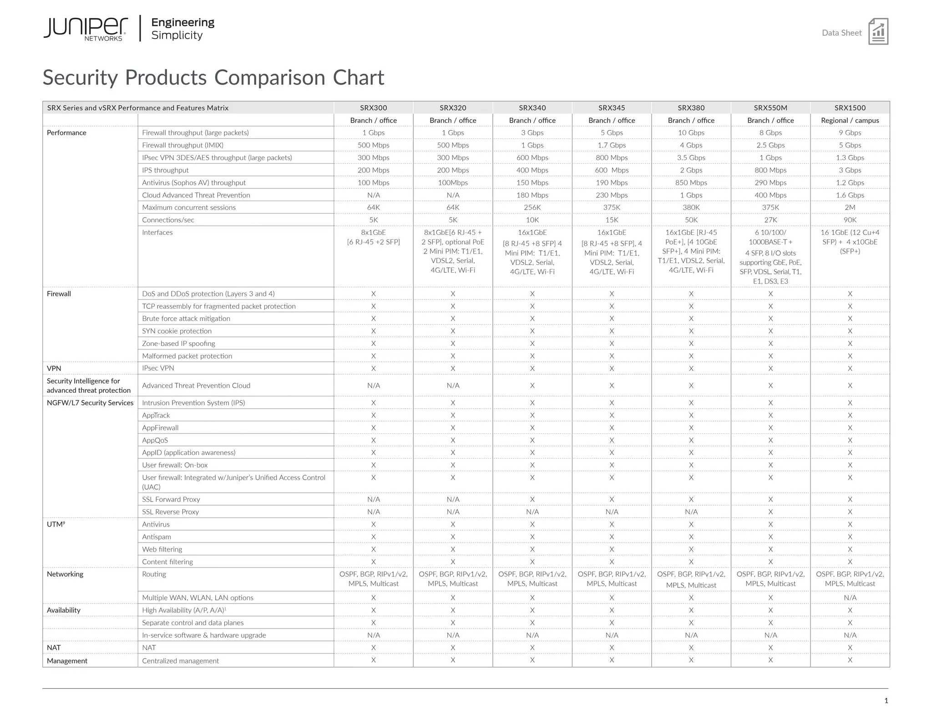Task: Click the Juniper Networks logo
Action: [x=86, y=29]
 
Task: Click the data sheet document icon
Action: [x=878, y=31]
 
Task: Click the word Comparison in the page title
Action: [x=269, y=78]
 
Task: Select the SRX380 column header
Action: [x=691, y=108]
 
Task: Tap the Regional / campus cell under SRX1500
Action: [x=850, y=121]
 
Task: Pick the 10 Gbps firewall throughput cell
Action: [x=691, y=133]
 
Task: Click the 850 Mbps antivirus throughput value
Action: [x=691, y=183]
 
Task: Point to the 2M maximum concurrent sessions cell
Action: [x=850, y=208]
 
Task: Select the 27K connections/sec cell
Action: [x=770, y=220]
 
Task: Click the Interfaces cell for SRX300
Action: [x=373, y=237]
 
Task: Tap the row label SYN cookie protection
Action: [x=177, y=331]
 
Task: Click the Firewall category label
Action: [x=59, y=294]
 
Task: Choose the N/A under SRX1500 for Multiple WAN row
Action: [x=850, y=598]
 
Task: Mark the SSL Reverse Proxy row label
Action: [x=170, y=512]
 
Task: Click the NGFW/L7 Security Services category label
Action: [x=90, y=403]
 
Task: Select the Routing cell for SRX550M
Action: [x=770, y=579]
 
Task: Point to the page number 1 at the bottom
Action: [x=886, y=700]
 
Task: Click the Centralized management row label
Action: [x=180, y=661]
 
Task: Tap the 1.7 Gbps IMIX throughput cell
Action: [x=612, y=145]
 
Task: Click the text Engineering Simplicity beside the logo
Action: [x=182, y=29]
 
